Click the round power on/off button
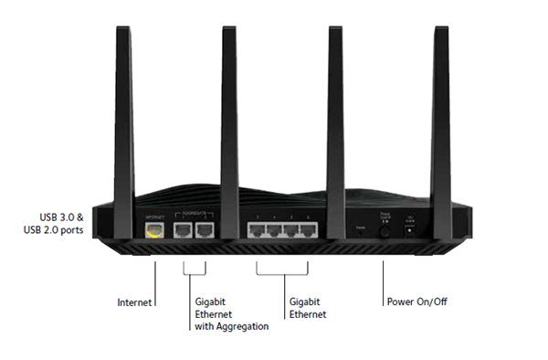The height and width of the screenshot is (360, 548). [x=385, y=232]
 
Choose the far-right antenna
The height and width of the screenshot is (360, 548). [x=437, y=110]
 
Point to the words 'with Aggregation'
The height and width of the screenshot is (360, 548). [x=231, y=326]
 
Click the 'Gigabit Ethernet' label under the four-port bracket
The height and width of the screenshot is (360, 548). [x=306, y=307]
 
